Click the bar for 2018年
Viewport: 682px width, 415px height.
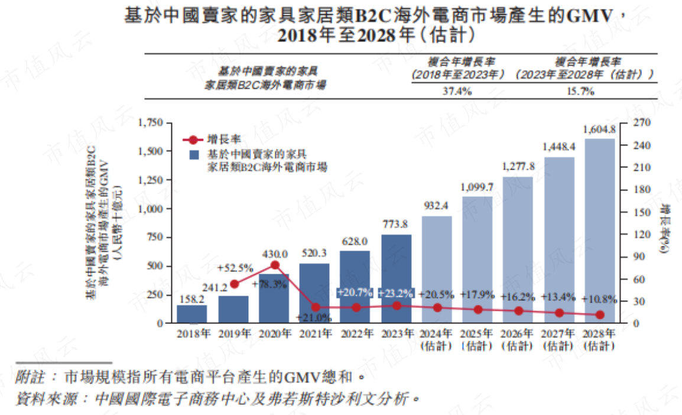coord(192,314)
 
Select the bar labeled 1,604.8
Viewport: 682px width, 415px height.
coord(600,231)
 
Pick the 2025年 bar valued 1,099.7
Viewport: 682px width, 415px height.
coord(478,260)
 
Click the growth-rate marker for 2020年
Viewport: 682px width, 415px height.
coord(274,265)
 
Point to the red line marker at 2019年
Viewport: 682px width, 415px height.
coord(233,284)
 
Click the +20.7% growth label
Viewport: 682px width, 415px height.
coord(355,293)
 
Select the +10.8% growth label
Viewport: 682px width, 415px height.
coord(599,299)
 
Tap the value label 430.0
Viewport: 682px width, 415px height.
coord(274,254)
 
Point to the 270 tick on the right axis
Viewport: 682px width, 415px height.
coord(641,123)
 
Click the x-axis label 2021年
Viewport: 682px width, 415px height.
coord(316,334)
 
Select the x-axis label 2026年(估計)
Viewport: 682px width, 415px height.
coord(518,339)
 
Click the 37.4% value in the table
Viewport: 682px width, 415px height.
coord(457,92)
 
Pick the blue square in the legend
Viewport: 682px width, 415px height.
coord(194,154)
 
